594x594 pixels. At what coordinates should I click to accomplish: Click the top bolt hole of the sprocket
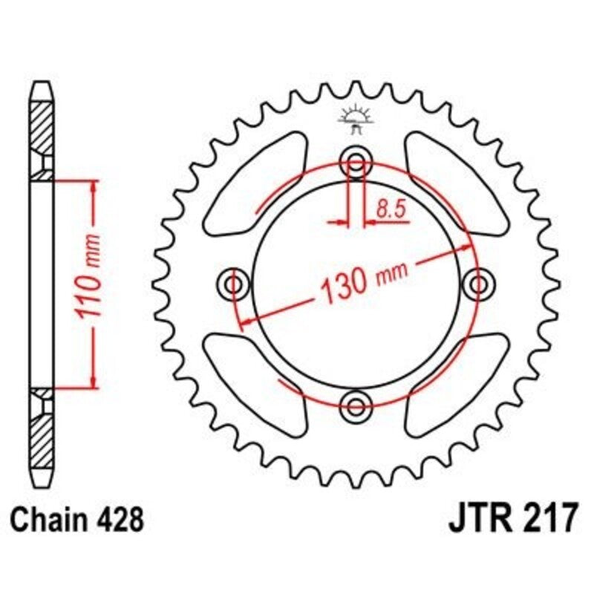coord(357,162)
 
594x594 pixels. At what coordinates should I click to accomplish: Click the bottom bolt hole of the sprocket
coord(357,405)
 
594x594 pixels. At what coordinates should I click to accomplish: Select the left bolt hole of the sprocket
coord(235,283)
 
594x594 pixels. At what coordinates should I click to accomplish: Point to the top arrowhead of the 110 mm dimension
coord(93,186)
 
